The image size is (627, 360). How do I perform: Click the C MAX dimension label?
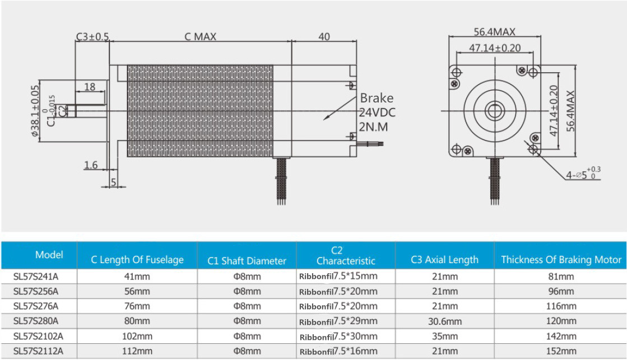pos(201,37)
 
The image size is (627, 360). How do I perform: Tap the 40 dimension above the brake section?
pos(324,37)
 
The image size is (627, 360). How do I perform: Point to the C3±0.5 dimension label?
pos(92,37)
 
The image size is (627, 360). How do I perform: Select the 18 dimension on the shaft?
pos(90,87)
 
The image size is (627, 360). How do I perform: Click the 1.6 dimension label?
pos(91,165)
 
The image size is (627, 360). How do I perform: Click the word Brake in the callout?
pos(377,98)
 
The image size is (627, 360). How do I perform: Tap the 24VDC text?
pos(377,113)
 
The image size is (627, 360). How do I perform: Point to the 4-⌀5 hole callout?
pos(583,175)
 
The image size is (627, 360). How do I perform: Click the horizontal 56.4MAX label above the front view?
pos(495,31)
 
